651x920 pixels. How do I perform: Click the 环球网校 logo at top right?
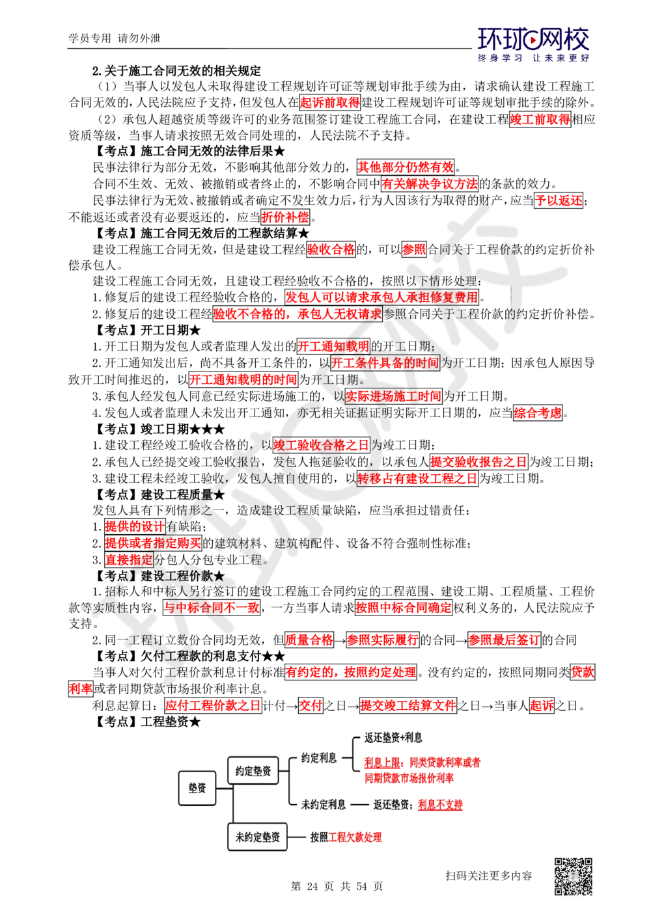pyautogui.click(x=533, y=44)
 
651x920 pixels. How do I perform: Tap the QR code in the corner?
pyautogui.click(x=572, y=876)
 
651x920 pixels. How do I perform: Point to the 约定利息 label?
pyautogui.click(x=319, y=757)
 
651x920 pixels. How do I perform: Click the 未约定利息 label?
pyautogui.click(x=324, y=804)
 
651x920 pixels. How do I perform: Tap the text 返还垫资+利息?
pyautogui.click(x=393, y=738)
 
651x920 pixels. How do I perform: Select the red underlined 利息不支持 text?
pyautogui.click(x=441, y=804)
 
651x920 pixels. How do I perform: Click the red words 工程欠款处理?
pyautogui.click(x=356, y=837)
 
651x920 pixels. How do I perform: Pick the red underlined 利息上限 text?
pyautogui.click(x=381, y=762)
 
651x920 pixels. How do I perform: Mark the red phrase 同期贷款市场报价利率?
pyautogui.click(x=410, y=778)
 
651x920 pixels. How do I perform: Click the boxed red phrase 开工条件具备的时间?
pyautogui.click(x=385, y=363)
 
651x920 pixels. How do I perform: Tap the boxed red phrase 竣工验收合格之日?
pyautogui.click(x=321, y=445)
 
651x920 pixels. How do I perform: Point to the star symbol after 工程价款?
pyautogui.click(x=219, y=576)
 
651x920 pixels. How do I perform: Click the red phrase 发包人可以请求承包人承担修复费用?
pyautogui.click(x=381, y=297)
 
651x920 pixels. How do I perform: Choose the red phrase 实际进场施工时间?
pyautogui.click(x=393, y=396)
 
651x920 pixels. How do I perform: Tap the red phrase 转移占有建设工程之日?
pyautogui.click(x=417, y=478)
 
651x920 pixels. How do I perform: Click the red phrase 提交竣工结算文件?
pyautogui.click(x=408, y=705)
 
